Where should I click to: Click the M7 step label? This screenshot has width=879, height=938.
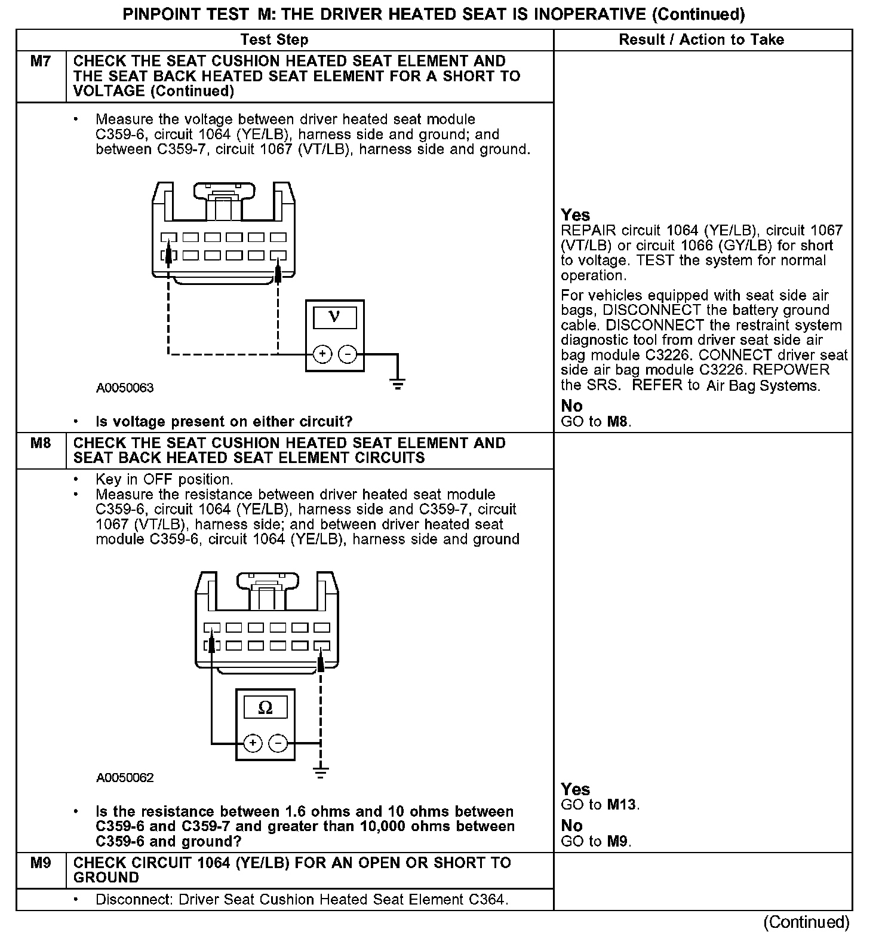[40, 62]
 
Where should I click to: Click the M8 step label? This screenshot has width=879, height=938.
[40, 443]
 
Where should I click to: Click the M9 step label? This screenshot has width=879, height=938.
[40, 863]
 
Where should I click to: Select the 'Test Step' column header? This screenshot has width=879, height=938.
[274, 40]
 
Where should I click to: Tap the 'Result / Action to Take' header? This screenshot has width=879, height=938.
[701, 40]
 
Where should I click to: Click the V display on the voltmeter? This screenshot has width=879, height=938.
[334, 317]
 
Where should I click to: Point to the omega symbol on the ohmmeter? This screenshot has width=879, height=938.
[265, 708]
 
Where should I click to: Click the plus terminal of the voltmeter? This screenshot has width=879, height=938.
[322, 354]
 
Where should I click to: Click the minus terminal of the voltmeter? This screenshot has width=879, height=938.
[348, 354]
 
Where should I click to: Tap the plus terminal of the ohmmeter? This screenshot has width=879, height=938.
[253, 743]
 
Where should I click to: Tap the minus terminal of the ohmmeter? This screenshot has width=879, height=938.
[278, 743]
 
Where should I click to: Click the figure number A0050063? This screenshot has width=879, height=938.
[125, 388]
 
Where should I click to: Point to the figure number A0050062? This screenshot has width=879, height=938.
[125, 778]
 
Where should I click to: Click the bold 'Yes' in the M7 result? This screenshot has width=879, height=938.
[575, 215]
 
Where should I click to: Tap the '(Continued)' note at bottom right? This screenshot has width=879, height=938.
[806, 922]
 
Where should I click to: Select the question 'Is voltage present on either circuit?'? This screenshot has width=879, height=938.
[224, 422]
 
